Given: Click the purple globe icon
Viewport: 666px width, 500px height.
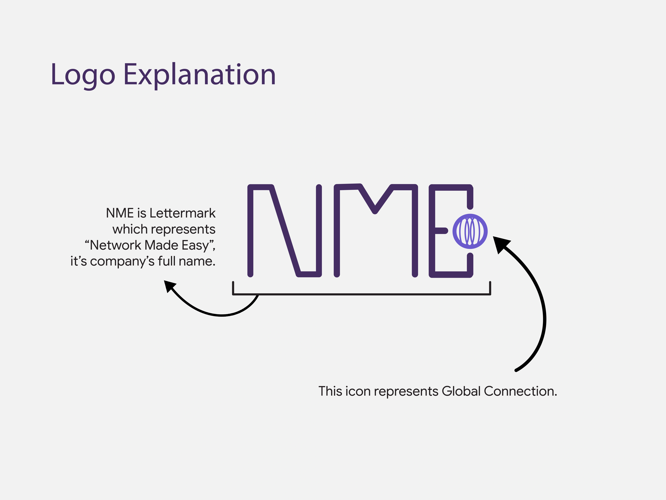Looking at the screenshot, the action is pos(470,231).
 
